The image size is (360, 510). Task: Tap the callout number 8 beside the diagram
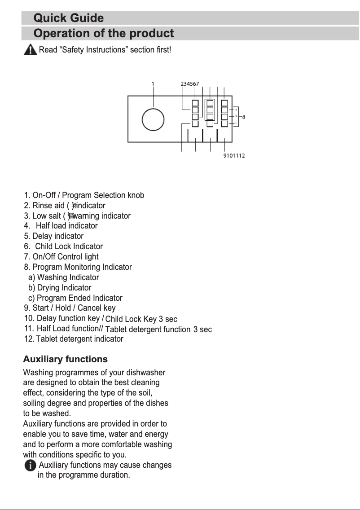tap(244, 117)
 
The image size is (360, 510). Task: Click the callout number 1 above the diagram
tap(153, 84)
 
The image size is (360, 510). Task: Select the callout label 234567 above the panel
tap(190, 84)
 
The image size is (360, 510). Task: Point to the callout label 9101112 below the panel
tap(234, 156)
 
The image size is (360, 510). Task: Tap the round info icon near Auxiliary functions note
tap(31, 466)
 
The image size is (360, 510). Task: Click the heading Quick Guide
tap(69, 18)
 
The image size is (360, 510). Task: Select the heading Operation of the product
tap(104, 34)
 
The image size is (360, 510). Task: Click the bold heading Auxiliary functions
tap(65, 359)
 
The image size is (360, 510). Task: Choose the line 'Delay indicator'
tap(53, 236)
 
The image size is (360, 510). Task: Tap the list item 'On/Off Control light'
tap(61, 257)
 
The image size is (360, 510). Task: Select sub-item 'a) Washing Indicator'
tap(63, 277)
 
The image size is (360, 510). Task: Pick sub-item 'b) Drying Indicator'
tap(59, 288)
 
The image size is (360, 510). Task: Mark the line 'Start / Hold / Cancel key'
tap(70, 308)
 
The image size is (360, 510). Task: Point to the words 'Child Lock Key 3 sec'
tap(141, 319)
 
